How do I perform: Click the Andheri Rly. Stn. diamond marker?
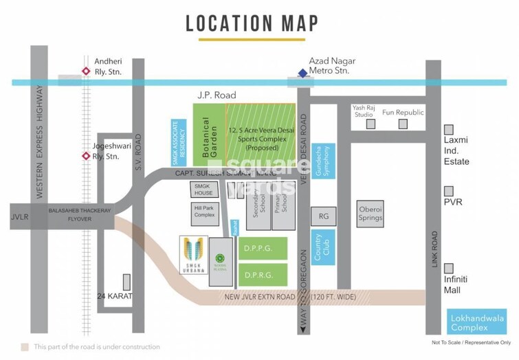click(x=86, y=70)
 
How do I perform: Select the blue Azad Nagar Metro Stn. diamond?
click(x=302, y=74)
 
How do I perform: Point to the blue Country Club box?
click(x=324, y=248)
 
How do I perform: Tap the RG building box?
click(x=323, y=216)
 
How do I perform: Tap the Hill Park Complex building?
click(x=204, y=212)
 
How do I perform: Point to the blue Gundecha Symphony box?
click(x=324, y=162)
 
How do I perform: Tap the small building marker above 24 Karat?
click(x=126, y=282)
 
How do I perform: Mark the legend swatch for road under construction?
click(x=25, y=347)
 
